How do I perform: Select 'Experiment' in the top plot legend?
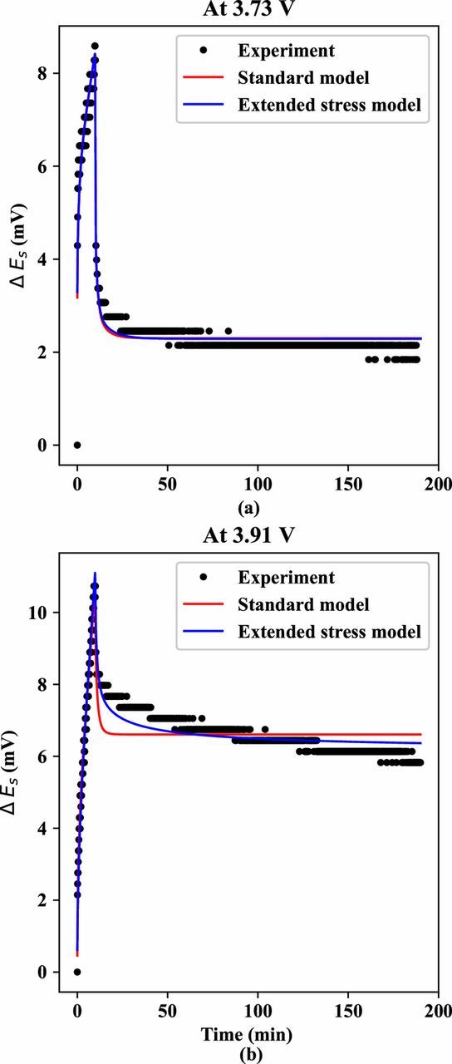[276, 51]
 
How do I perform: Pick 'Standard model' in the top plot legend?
[290, 79]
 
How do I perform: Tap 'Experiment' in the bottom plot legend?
[276, 577]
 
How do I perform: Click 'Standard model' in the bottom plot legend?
[290, 604]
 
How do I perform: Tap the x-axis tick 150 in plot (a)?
[348, 481]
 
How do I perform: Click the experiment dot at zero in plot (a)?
[77, 445]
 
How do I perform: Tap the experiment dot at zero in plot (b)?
[77, 972]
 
